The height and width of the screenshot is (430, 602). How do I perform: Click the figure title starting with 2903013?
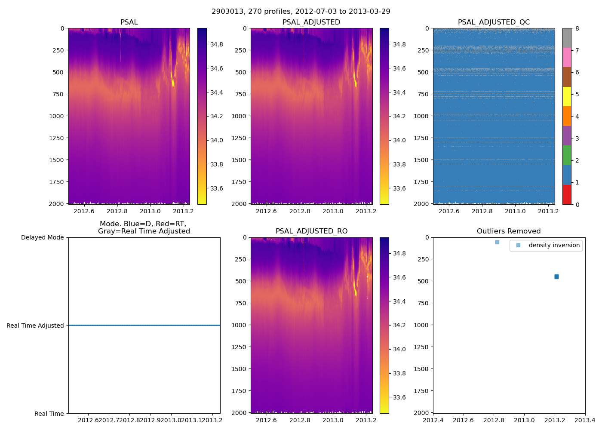(301, 12)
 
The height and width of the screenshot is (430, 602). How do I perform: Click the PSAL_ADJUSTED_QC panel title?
(494, 22)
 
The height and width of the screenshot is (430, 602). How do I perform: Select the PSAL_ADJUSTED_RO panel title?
(311, 231)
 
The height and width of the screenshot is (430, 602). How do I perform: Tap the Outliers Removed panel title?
(509, 231)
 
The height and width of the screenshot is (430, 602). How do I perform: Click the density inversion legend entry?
(554, 246)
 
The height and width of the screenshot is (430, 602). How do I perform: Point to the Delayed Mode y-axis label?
(42, 237)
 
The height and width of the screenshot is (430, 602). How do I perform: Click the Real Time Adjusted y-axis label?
(35, 326)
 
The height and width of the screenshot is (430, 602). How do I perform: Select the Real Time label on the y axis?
(49, 414)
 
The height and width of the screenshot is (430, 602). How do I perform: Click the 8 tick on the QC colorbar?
(577, 28)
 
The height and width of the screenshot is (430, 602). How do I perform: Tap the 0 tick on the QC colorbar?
(577, 204)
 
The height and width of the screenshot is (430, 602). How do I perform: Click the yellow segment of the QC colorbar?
(567, 97)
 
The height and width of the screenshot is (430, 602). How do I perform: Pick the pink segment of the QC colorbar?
(567, 58)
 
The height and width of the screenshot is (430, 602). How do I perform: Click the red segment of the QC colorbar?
(567, 194)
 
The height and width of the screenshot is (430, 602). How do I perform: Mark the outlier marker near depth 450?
(556, 276)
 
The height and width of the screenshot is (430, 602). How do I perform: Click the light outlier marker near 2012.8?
(497, 242)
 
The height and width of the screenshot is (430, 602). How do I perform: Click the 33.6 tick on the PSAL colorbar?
(216, 188)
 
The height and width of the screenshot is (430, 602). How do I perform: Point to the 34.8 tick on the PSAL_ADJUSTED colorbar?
(399, 44)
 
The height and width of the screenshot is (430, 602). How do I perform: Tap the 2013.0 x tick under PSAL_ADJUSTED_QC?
(515, 211)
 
